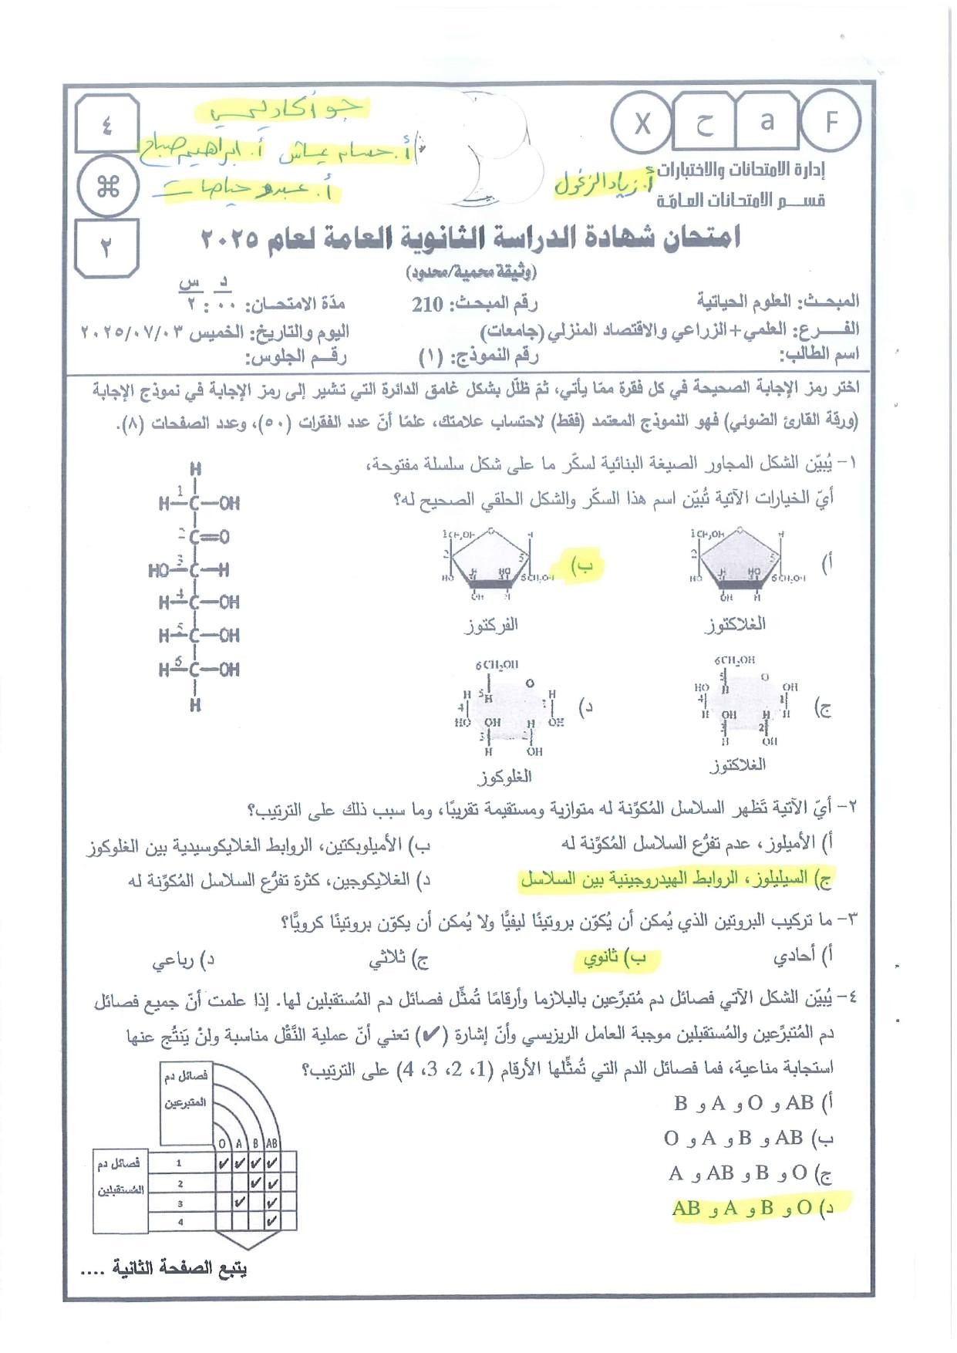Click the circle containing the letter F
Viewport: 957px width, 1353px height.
click(x=830, y=122)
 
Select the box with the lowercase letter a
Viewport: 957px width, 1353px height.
click(x=766, y=121)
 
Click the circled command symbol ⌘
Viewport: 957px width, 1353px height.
click(x=108, y=186)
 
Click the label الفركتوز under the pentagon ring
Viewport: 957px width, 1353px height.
click(x=491, y=625)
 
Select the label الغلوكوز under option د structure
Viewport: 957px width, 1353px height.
click(x=505, y=776)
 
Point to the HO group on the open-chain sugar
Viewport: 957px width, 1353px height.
click(x=159, y=571)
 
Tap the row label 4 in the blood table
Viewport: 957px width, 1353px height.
click(x=180, y=1222)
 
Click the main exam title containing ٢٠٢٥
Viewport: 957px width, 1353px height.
click(x=470, y=238)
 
